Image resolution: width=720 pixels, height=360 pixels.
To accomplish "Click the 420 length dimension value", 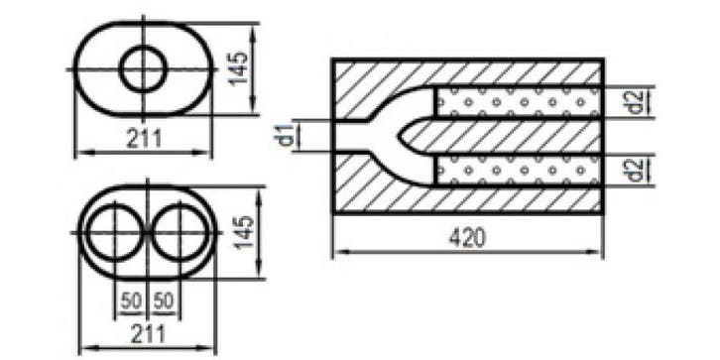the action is click(467, 237).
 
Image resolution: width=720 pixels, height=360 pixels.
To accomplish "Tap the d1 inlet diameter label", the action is click(287, 135).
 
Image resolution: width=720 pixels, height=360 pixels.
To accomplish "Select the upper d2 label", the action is click(634, 102).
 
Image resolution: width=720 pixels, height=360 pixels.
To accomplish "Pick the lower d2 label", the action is click(634, 169).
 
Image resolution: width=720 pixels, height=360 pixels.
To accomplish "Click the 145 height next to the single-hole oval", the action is click(238, 68).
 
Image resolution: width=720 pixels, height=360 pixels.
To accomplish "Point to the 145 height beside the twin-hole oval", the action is click(244, 231).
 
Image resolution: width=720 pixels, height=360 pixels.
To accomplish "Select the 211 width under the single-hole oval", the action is click(144, 138).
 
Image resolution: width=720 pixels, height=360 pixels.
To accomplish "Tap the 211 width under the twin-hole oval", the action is click(148, 334).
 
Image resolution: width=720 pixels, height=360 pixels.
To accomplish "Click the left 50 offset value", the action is click(130, 301).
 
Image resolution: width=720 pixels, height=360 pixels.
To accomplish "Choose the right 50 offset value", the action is click(164, 301).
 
